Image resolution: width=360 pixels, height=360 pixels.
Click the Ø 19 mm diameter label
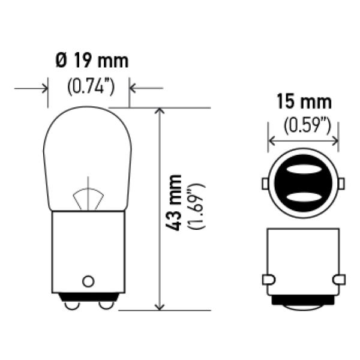click(92, 61)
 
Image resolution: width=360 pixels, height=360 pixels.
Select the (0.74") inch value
click(91, 87)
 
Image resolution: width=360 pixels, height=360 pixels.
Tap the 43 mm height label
click(173, 203)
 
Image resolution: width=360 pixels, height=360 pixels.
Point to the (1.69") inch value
click(196, 206)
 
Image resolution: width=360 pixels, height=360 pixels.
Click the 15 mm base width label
click(304, 101)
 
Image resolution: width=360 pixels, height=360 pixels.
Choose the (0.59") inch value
click(307, 125)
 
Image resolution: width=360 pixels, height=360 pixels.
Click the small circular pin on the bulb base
click(88, 281)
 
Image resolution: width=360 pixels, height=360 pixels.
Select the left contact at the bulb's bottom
click(71, 305)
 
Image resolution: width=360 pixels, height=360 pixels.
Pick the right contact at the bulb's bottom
click(106, 305)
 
